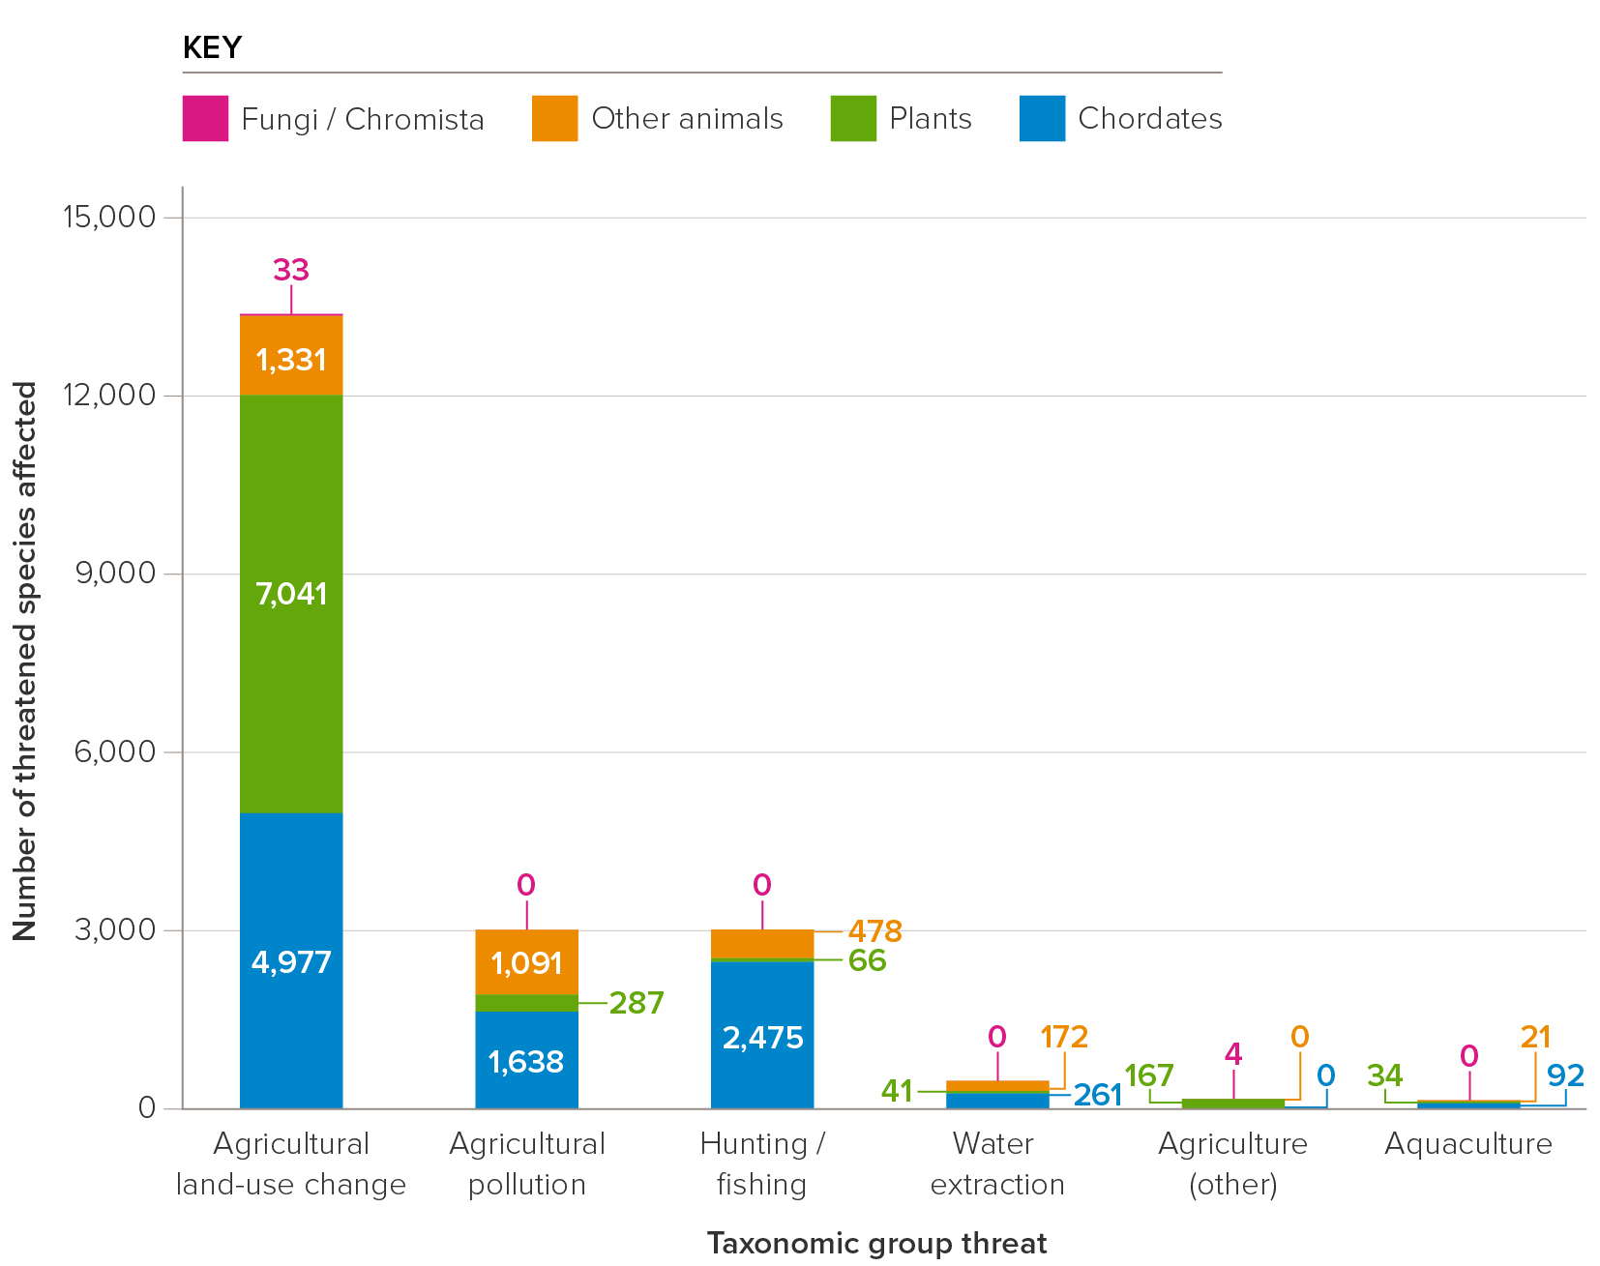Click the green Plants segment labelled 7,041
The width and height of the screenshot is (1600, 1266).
click(x=291, y=604)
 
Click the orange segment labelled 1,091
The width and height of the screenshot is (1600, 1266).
click(x=526, y=962)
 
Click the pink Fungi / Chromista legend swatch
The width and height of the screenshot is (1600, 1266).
click(x=205, y=118)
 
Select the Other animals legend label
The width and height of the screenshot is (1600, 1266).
click(x=687, y=118)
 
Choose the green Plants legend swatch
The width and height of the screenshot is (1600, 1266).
click(x=852, y=118)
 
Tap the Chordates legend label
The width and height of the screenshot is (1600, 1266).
click(x=1149, y=118)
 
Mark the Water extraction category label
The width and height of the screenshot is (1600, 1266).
click(x=996, y=1163)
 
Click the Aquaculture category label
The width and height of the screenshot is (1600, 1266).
click(x=1467, y=1144)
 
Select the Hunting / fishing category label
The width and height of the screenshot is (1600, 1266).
click(x=762, y=1163)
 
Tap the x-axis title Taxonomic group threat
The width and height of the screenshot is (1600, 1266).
click(x=876, y=1243)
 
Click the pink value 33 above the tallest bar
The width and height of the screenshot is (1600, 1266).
click(x=291, y=270)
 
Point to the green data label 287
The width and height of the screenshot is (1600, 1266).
click(x=637, y=1003)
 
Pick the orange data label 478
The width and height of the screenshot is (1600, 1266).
click(x=874, y=931)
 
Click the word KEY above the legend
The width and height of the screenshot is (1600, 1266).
click(x=212, y=47)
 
